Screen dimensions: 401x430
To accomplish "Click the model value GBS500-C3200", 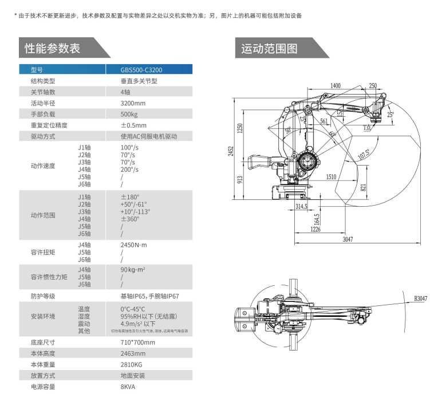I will (141, 70).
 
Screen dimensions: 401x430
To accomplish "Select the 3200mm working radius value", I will (133, 103).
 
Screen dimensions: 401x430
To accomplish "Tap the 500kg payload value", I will (129, 114).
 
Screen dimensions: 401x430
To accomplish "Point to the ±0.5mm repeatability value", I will (133, 125).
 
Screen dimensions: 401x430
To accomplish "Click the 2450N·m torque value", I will (134, 245).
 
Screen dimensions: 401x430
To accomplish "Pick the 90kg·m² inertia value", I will (132, 270).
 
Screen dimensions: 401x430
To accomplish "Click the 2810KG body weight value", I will (132, 364).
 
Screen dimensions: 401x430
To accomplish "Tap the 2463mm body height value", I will (133, 353).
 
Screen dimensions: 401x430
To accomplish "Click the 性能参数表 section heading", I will (52, 48).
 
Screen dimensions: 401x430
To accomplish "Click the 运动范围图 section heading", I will (269, 48).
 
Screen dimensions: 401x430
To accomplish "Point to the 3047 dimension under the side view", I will (347, 239).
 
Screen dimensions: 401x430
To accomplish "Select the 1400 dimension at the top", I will (336, 86).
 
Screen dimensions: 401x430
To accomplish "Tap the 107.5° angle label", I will (363, 155).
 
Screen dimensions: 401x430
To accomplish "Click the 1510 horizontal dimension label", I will (331, 177).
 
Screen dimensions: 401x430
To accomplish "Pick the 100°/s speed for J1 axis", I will (130, 148).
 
